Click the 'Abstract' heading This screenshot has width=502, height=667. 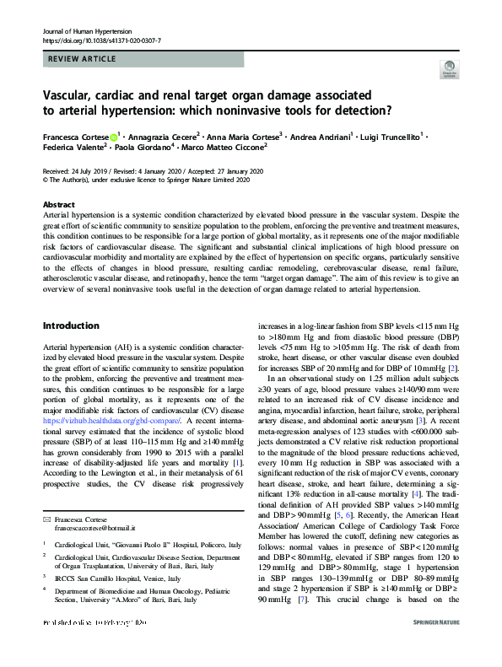click(x=59, y=205)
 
